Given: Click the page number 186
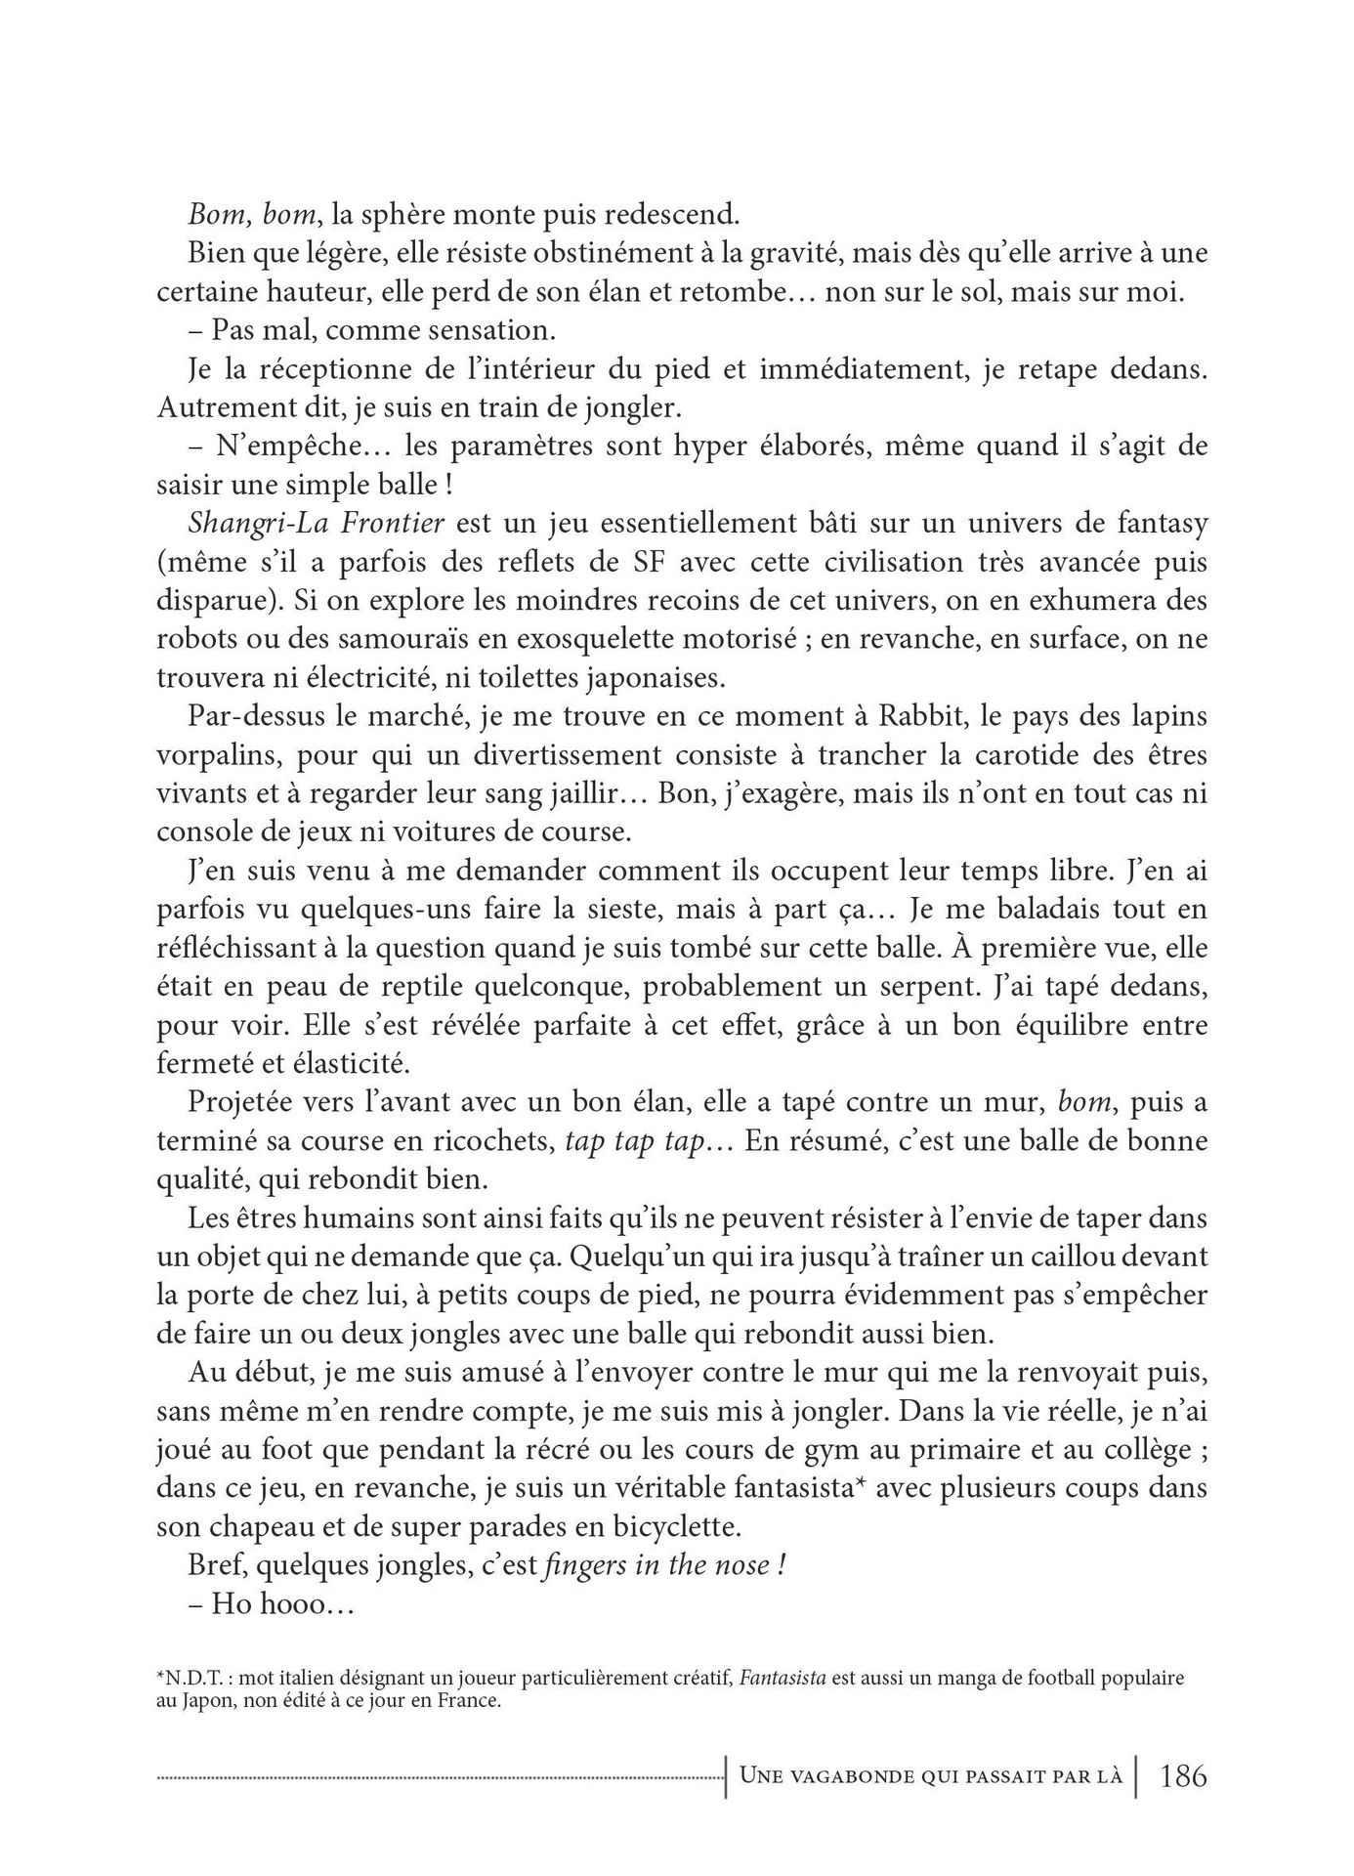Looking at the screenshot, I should click(1182, 1774).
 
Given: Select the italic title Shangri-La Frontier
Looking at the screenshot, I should click(316, 523).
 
